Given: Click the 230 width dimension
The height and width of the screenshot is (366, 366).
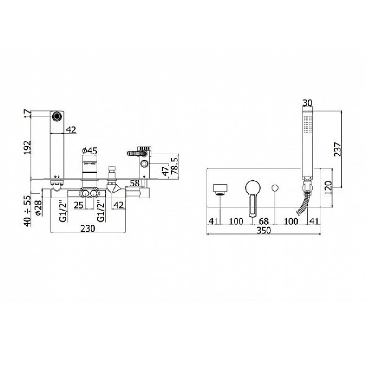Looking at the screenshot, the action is (88, 229).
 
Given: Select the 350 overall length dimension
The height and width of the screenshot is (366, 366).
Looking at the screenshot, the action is (264, 231).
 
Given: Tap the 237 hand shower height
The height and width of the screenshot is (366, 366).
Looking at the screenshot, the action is (338, 149).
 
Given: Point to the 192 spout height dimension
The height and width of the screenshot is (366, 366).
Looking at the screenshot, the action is (27, 147).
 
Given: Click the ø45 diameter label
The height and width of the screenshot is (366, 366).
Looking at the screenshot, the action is (90, 151).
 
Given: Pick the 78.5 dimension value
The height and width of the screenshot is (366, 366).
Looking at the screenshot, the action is (174, 166).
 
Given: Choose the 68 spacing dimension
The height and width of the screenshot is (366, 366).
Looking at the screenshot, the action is (264, 221).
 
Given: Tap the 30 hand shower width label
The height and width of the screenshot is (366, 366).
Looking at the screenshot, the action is (307, 103).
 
